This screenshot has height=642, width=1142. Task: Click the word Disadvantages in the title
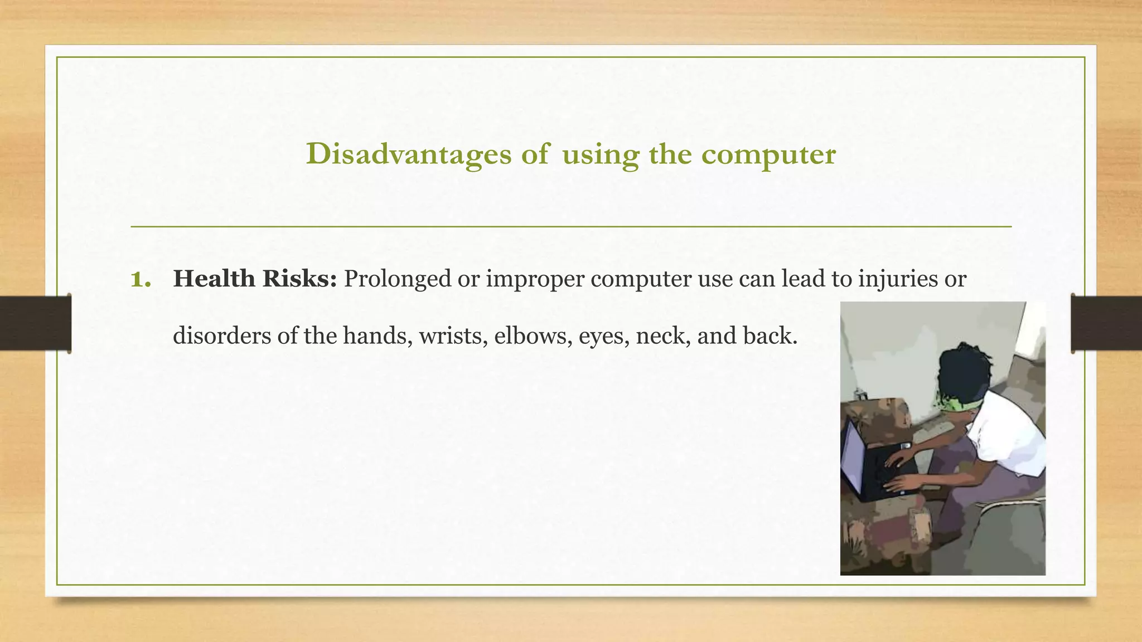(x=408, y=154)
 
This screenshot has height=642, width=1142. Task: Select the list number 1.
(x=141, y=279)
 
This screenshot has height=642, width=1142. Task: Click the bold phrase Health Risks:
(x=255, y=279)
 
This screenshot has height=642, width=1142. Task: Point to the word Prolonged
(x=397, y=279)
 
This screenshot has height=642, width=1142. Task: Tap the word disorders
(x=221, y=335)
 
